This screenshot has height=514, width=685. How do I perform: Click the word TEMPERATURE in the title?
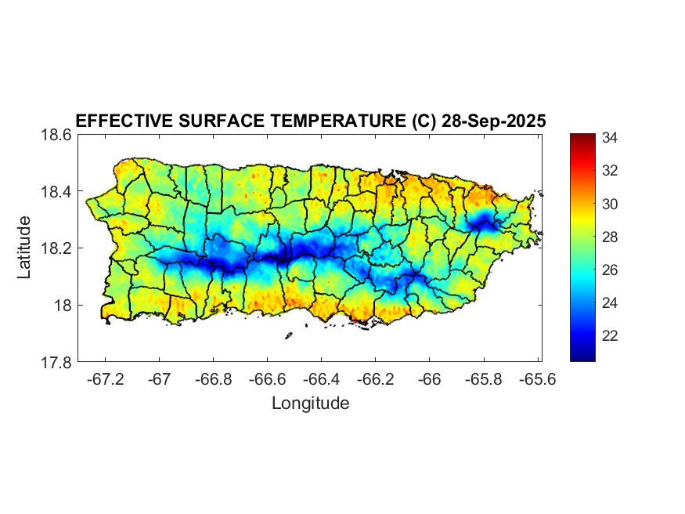pyautogui.click(x=330, y=121)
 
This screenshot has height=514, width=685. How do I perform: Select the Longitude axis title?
pyautogui.click(x=310, y=404)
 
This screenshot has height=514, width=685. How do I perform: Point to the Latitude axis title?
pyautogui.click(x=24, y=247)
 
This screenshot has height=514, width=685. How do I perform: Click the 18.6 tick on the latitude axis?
pyautogui.click(x=56, y=135)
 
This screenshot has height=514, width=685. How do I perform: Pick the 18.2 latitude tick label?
pyautogui.click(x=56, y=248)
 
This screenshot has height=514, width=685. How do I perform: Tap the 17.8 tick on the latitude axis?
pyautogui.click(x=56, y=362)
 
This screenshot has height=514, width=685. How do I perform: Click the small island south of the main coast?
pyautogui.click(x=288, y=335)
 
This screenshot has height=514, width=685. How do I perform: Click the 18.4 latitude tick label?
pyautogui.click(x=56, y=192)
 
